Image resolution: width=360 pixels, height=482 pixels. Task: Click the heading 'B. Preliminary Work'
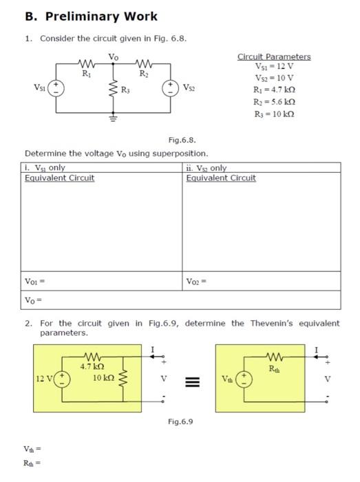click(91, 16)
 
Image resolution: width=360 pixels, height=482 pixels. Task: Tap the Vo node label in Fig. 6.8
click(114, 56)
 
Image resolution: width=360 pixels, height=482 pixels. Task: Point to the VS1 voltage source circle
click(57, 88)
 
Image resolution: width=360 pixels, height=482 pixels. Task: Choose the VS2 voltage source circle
click(169, 88)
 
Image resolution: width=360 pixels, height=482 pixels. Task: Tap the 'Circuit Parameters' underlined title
click(274, 56)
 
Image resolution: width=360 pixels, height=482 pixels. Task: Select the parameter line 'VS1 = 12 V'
click(274, 67)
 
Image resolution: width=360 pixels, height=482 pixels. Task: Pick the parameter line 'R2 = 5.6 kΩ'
click(275, 102)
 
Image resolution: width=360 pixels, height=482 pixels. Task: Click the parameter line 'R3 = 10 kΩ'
click(275, 114)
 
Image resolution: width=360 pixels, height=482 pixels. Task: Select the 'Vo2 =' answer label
click(198, 282)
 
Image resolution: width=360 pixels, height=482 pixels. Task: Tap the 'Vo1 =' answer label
click(36, 282)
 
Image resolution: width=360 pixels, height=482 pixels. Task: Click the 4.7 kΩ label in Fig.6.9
click(92, 366)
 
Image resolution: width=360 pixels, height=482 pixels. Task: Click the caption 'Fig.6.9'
click(180, 420)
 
